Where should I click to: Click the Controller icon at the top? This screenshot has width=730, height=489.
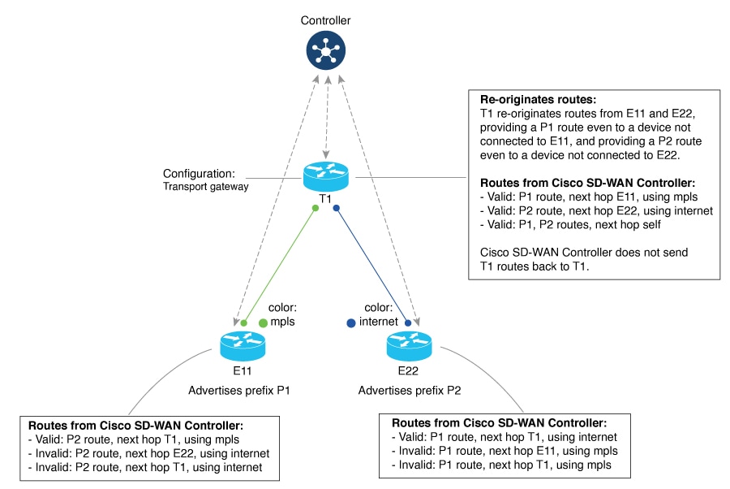point(325,53)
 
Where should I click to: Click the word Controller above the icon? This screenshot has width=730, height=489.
point(325,20)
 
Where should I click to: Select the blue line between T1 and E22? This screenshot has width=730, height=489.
point(371,265)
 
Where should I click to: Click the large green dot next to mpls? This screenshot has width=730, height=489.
point(263,322)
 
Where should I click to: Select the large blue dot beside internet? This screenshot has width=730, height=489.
point(350,322)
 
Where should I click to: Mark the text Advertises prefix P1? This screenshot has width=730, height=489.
point(241,390)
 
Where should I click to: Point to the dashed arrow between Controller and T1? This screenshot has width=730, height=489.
point(325,119)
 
